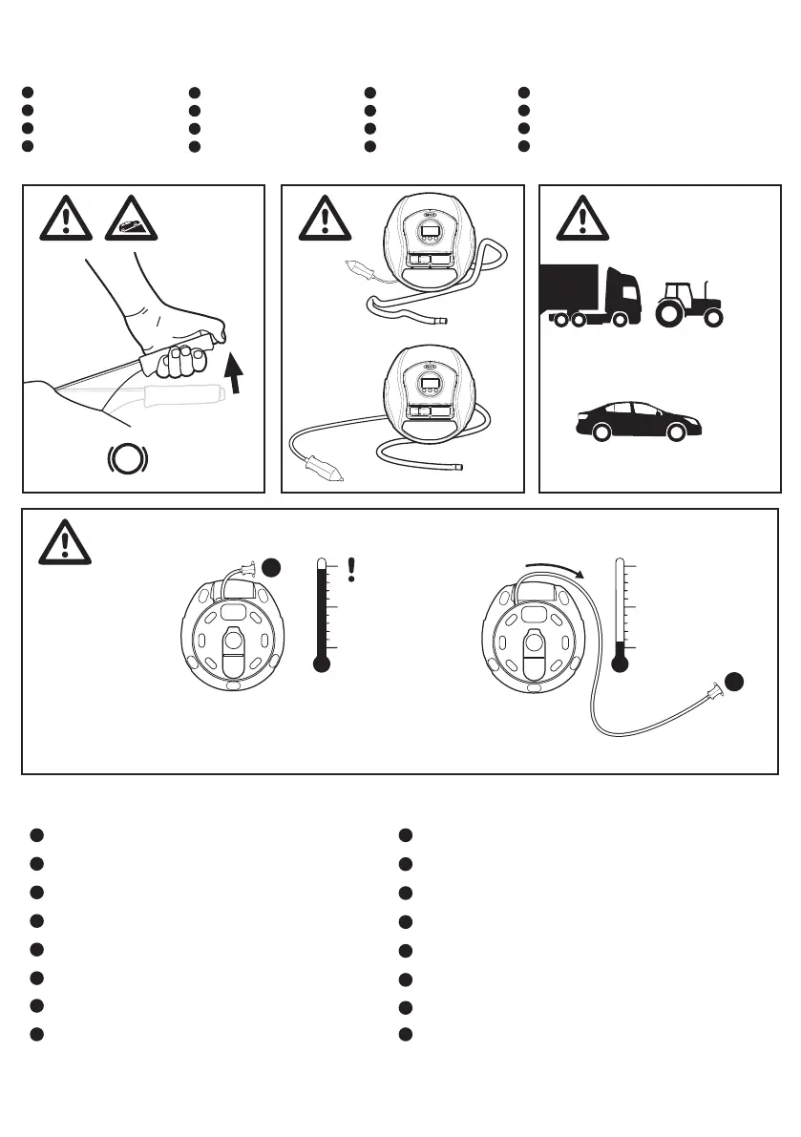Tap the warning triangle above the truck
tap(582, 221)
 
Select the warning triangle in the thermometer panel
tap(64, 542)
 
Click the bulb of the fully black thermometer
tap(322, 663)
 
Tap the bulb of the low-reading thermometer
tap(622, 663)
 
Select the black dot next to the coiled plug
tap(272, 567)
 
